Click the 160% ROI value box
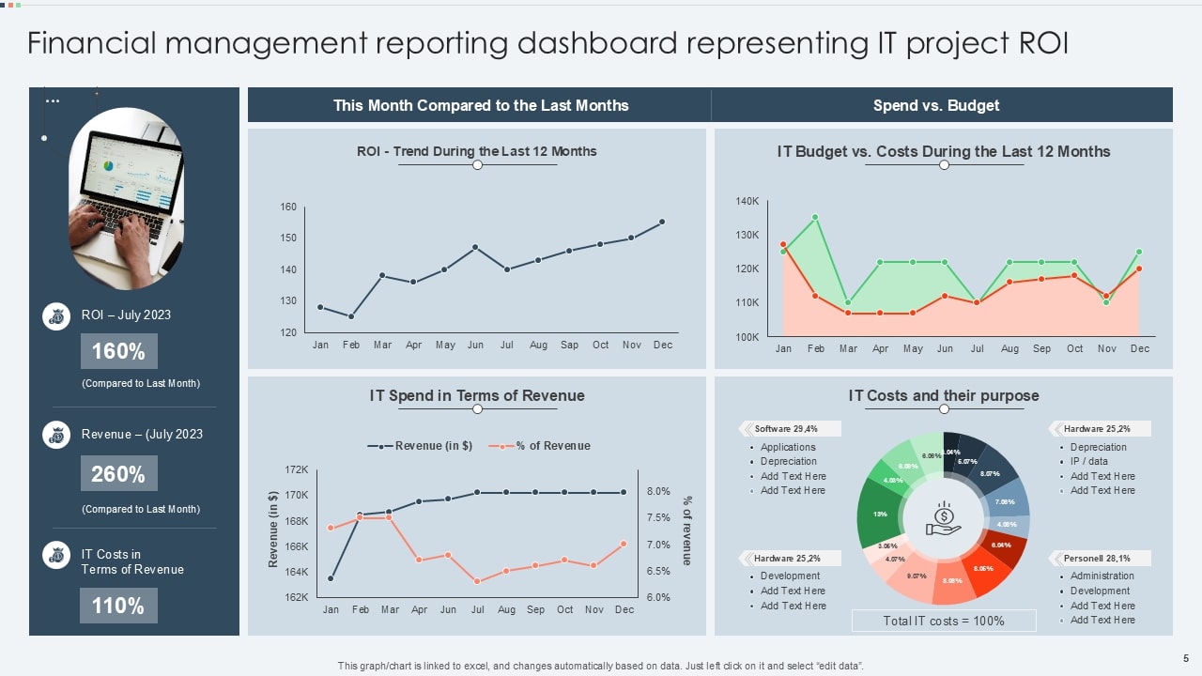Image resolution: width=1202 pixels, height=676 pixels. click(118, 351)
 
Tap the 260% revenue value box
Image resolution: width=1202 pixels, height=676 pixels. click(118, 474)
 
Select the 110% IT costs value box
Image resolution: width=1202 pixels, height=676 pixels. click(118, 606)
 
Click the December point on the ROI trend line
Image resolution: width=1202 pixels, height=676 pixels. click(662, 222)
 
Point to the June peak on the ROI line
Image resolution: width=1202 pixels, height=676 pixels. click(476, 247)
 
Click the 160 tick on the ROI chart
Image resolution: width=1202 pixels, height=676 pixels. click(288, 207)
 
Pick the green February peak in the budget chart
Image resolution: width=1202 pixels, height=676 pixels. click(815, 217)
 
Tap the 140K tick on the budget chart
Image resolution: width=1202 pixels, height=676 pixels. click(747, 201)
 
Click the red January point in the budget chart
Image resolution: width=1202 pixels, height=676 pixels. click(783, 244)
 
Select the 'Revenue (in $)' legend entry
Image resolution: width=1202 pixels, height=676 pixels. click(420, 446)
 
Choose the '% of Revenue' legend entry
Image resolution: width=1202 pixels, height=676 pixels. click(541, 446)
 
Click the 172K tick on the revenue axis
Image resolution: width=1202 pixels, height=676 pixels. click(296, 469)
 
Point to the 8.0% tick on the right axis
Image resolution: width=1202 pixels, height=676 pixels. click(658, 491)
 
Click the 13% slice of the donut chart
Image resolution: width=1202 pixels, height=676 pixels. click(880, 515)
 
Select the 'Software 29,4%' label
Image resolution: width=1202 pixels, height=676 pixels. click(786, 429)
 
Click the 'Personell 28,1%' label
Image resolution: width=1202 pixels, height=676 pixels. click(1097, 558)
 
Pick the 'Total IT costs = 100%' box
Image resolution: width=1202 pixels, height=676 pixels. click(944, 621)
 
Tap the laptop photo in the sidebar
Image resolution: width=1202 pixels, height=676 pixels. click(126, 197)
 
